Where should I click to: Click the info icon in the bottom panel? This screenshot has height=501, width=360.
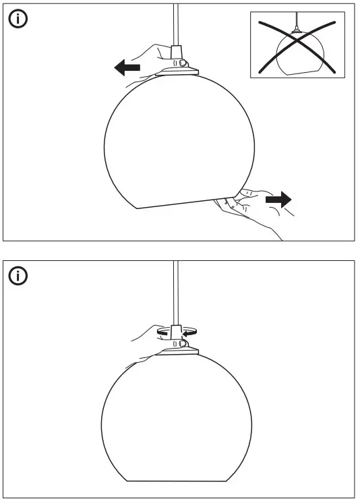click(18, 276)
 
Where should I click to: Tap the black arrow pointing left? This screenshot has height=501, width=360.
click(127, 67)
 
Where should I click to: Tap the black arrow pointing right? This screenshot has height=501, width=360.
click(278, 200)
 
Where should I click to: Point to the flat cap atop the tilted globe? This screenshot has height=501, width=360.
click(179, 69)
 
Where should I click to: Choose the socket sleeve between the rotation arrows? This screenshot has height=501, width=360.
click(177, 332)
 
